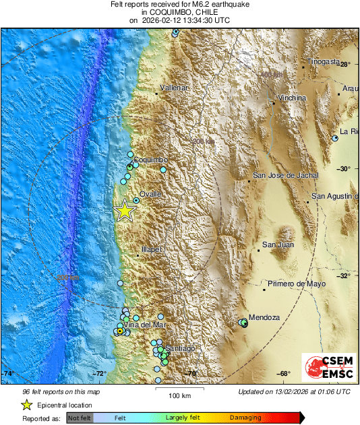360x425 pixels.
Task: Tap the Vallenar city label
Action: pos(174,88)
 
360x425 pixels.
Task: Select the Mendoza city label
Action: pos(264,317)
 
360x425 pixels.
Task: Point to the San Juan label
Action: pos(278,244)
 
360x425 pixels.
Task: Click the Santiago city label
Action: pos(180,348)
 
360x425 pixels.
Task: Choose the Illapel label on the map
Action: pos(152,249)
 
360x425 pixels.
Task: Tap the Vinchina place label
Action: pos(292,98)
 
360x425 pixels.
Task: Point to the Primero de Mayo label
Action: pos(296,284)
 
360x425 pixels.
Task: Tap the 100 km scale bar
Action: pos(179,389)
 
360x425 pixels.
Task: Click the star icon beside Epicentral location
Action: pos(27,405)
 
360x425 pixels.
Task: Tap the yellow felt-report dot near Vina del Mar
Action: pos(119,331)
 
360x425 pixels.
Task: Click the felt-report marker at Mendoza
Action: pos(244,323)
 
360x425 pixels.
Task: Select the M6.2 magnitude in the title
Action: pos(202,4)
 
